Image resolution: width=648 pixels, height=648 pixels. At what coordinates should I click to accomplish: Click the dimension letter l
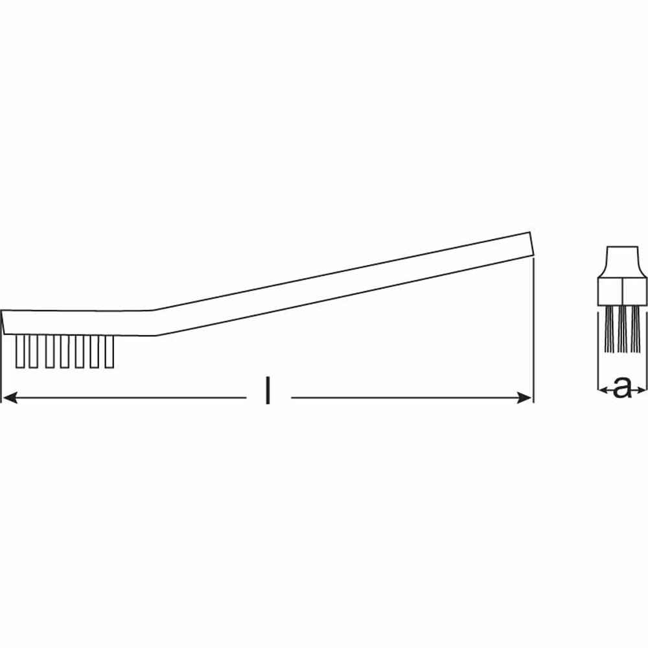(x=268, y=389)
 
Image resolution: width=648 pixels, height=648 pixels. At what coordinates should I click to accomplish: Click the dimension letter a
(x=622, y=388)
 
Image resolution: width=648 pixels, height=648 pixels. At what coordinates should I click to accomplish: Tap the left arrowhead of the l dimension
(x=10, y=398)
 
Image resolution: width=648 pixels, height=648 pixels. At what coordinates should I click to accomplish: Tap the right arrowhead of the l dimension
(x=524, y=398)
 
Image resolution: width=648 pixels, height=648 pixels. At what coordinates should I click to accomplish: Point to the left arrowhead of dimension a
(x=603, y=389)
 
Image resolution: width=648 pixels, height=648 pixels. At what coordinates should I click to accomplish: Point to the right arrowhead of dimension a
(x=641, y=389)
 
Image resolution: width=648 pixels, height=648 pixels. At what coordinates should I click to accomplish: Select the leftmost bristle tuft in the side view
(x=20, y=351)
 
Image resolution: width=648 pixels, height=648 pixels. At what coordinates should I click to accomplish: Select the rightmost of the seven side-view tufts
(x=109, y=351)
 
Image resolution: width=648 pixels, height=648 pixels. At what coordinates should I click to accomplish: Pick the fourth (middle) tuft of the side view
(x=64, y=351)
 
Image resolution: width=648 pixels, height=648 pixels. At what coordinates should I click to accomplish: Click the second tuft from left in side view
(x=34, y=351)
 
